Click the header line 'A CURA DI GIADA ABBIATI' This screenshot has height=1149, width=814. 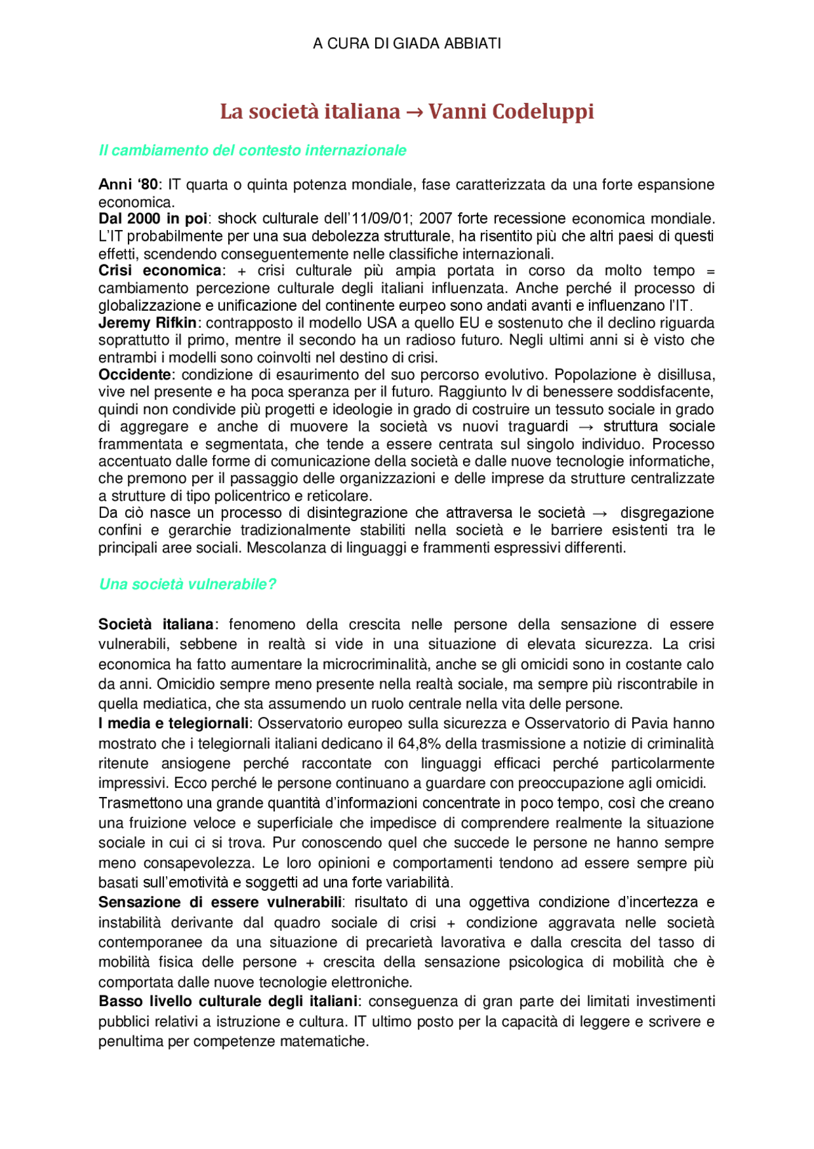pos(407,43)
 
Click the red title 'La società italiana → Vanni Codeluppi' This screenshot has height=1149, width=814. pos(407,111)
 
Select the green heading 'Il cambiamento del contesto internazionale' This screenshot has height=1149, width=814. pos(252,151)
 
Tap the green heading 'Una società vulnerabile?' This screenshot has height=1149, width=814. pos(188,584)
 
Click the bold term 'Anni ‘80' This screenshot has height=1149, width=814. pos(128,185)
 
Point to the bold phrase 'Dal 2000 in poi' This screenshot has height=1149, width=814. pos(153,219)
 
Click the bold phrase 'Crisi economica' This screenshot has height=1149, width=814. pos(160,271)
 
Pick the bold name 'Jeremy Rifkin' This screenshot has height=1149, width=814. pos(148,323)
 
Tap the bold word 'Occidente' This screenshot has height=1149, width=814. pos(135,375)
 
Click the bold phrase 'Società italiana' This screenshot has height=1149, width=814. pos(156,625)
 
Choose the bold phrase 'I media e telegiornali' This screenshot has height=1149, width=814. pos(174,724)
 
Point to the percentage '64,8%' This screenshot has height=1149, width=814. pos(417,744)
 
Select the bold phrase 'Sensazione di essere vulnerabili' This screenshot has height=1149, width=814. pos(220,902)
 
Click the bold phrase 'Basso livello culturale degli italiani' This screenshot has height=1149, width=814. pos(228,1002)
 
